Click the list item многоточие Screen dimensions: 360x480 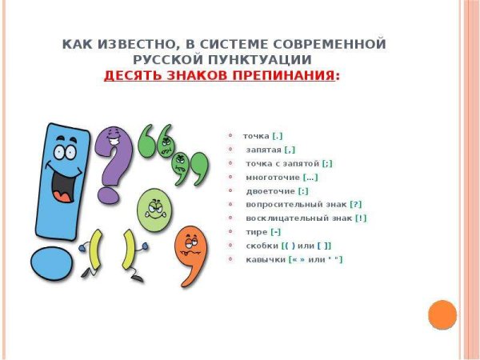tap(273, 177)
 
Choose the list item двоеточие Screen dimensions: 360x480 tap(270, 190)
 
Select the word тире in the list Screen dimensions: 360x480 tap(257, 232)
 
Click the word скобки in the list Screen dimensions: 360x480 tap(264, 246)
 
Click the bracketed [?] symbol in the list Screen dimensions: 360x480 tap(356, 204)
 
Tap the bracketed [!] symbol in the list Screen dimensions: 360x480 tap(361, 218)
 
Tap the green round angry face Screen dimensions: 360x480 tap(155, 209)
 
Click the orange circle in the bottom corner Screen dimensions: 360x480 tap(442, 314)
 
